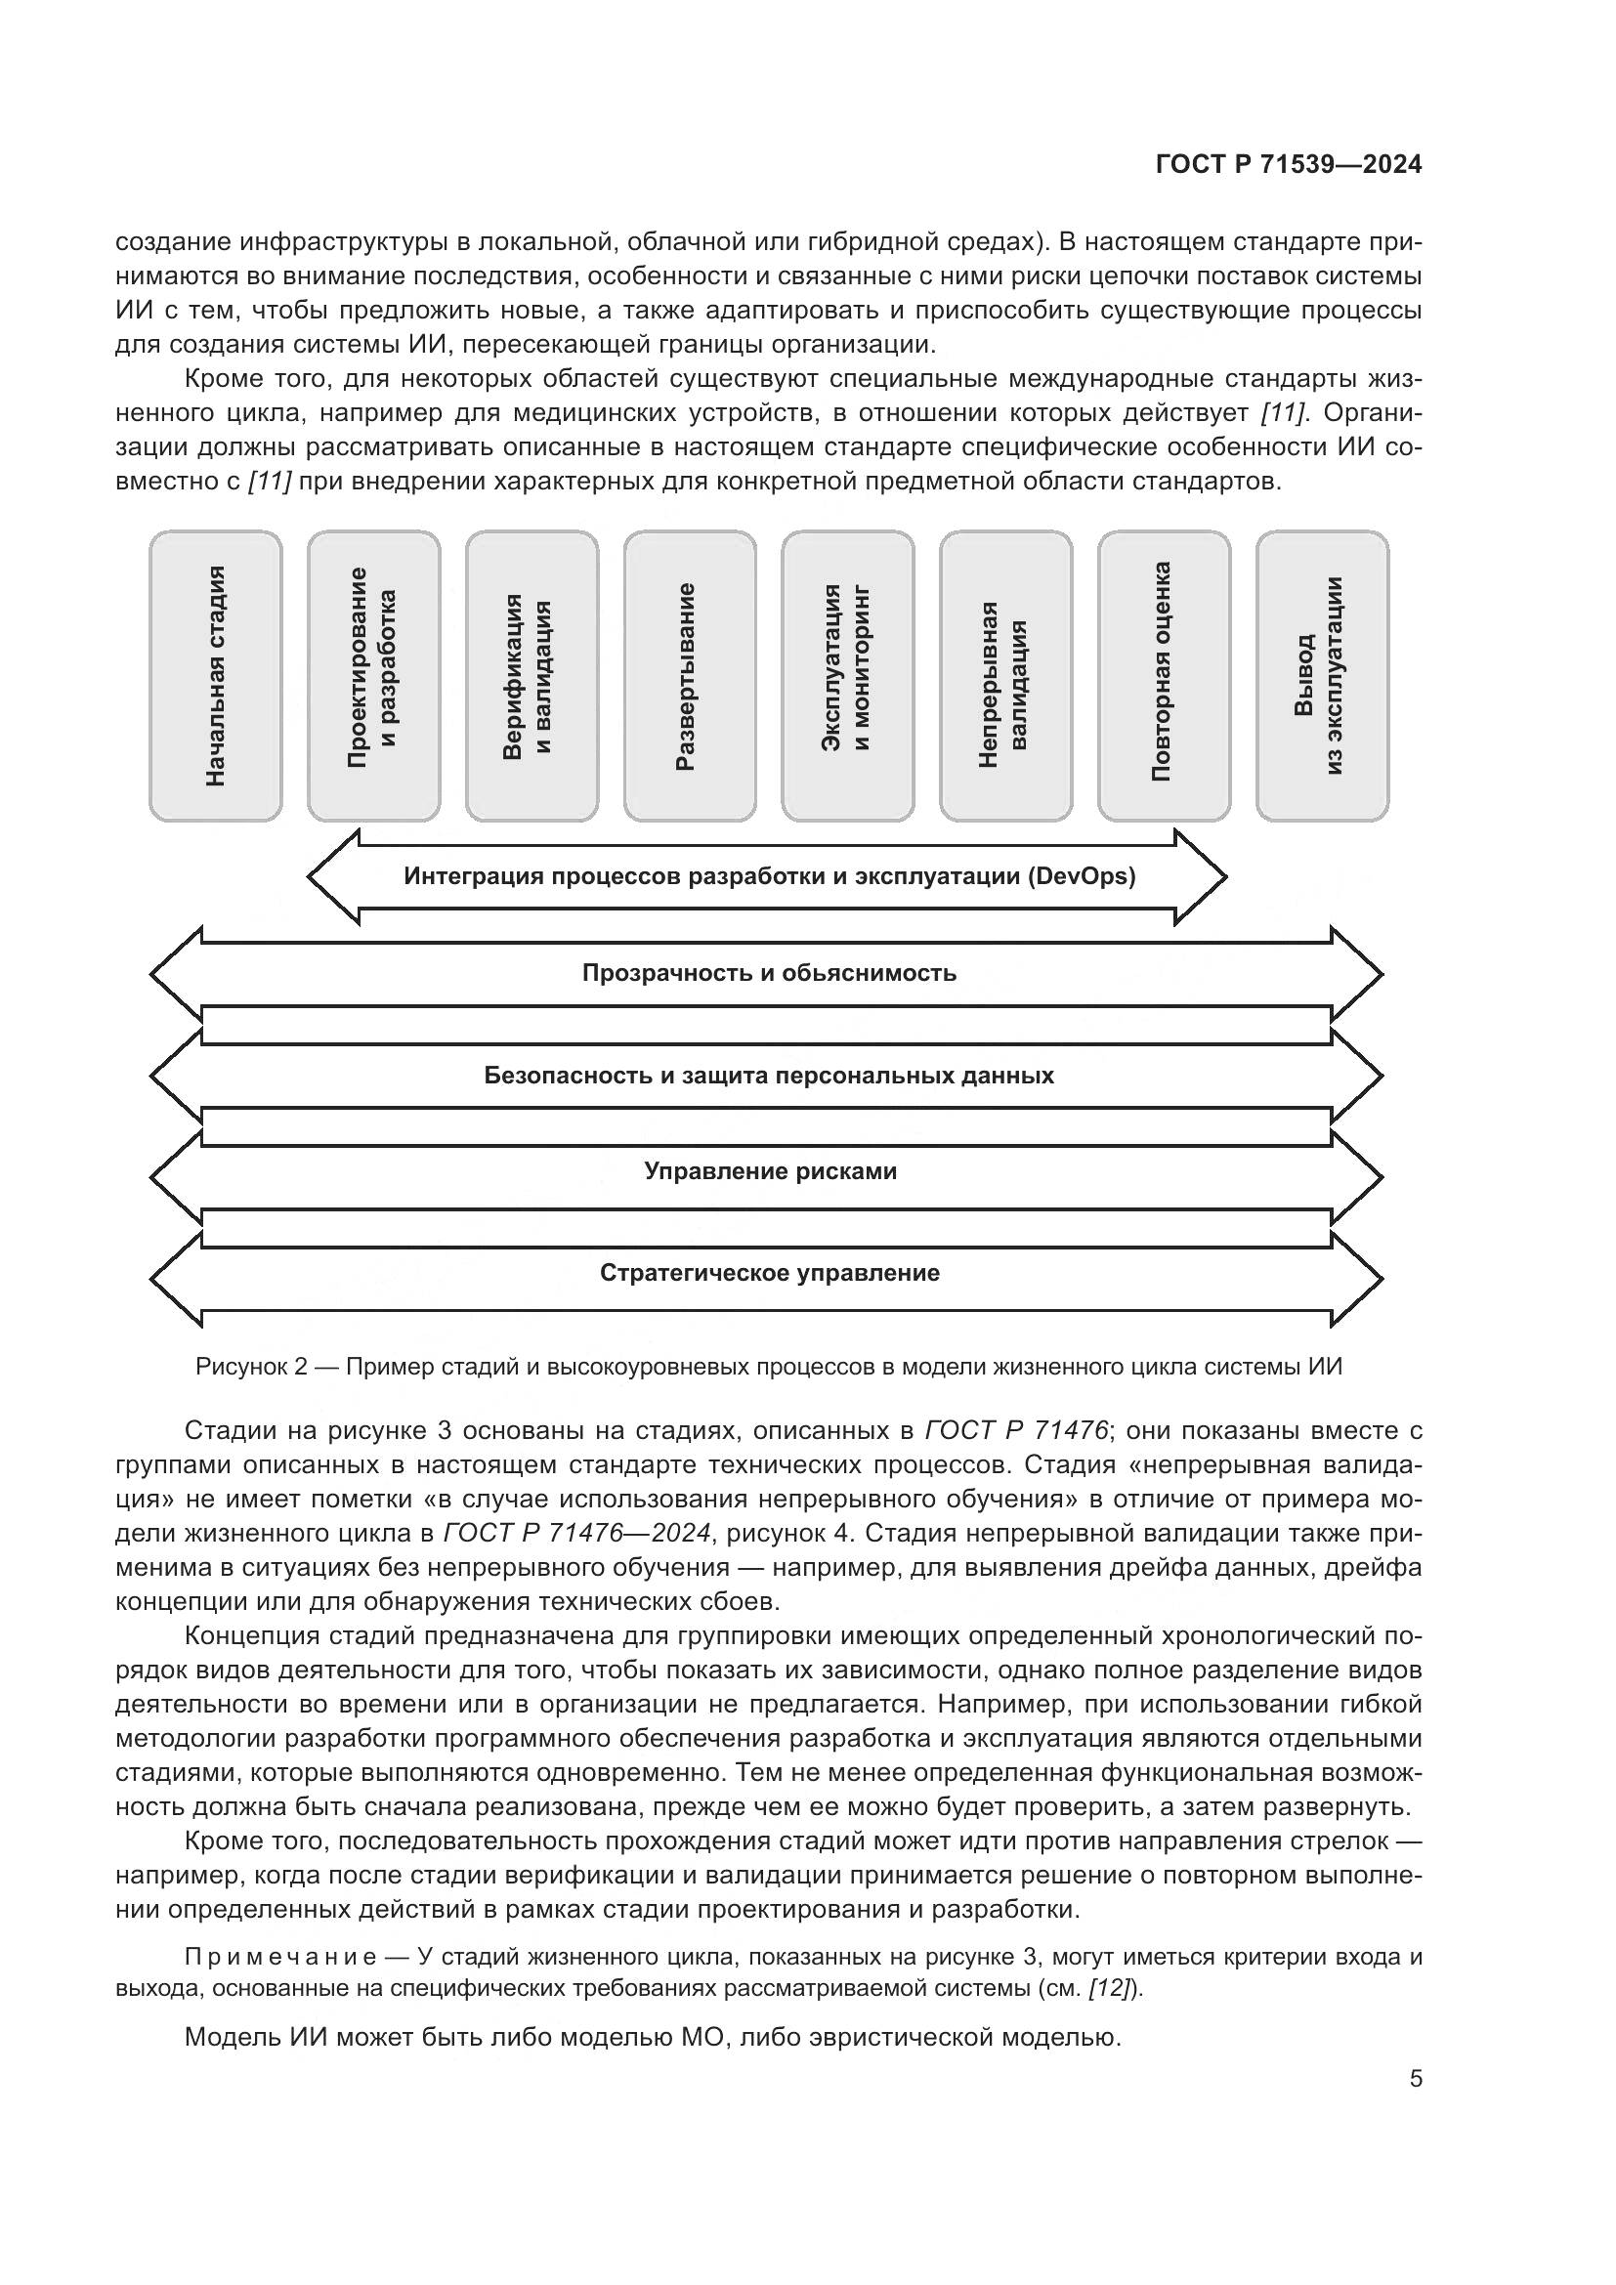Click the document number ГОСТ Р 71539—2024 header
coord(1288,165)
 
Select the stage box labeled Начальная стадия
coord(215,676)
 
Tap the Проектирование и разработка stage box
coord(373,676)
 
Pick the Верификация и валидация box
coord(532,676)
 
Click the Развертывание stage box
coord(690,676)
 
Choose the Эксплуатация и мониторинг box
coord(848,676)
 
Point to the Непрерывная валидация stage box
coord(1005,676)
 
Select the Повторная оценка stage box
coord(1165,676)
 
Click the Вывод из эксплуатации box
coord(1323,676)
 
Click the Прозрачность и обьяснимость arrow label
coord(769,972)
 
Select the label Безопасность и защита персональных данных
coord(769,1076)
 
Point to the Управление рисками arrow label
coord(770,1171)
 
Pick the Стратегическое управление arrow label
coord(769,1274)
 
